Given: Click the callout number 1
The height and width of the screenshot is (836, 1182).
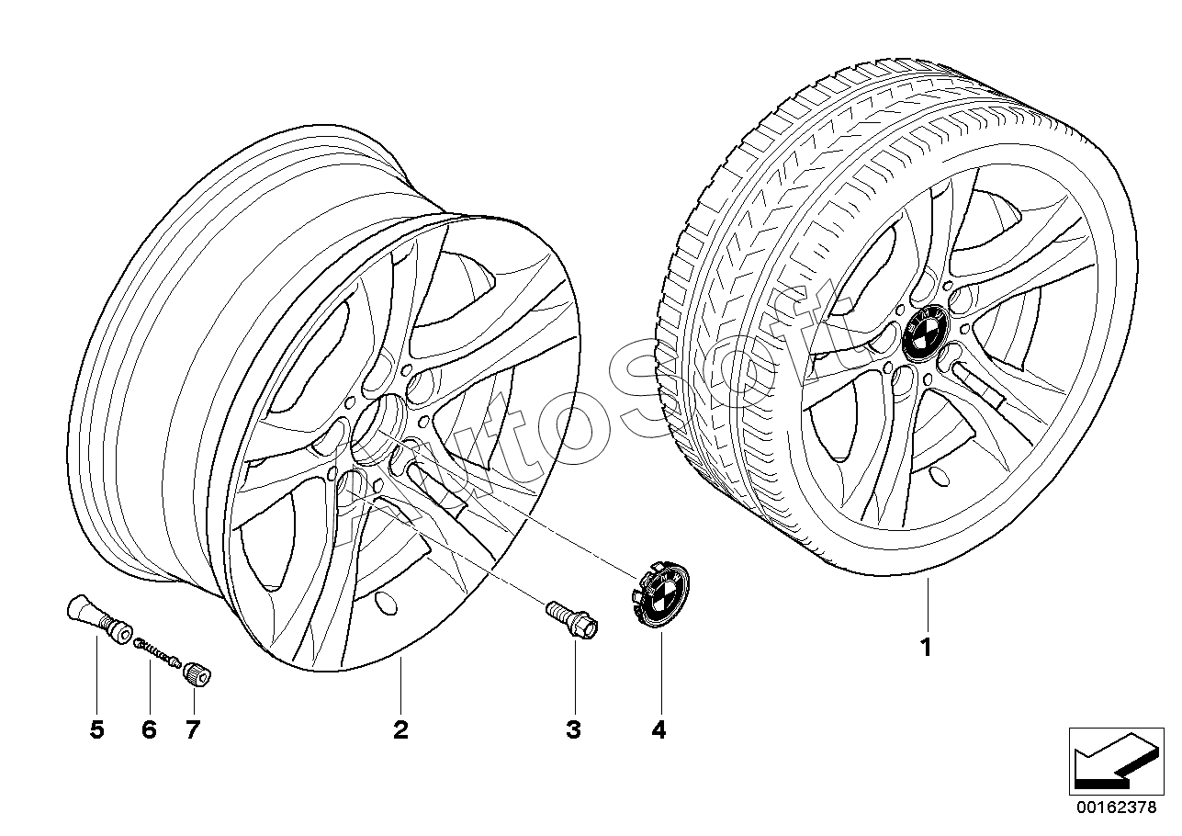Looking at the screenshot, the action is point(926,647).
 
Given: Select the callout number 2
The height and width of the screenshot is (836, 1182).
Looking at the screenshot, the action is point(400,730).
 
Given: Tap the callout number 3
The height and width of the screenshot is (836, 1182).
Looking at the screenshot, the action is point(574,730).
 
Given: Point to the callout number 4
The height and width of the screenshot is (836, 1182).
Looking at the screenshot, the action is point(659,730).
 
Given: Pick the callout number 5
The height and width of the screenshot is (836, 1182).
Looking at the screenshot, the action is point(97,730).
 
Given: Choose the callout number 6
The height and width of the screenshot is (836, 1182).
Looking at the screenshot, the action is point(150,730).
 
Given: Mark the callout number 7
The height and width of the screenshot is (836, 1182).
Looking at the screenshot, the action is point(193,730).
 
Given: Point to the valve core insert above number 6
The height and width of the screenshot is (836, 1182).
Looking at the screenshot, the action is point(157,652).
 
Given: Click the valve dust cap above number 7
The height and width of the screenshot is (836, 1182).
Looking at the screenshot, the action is point(197,675).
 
